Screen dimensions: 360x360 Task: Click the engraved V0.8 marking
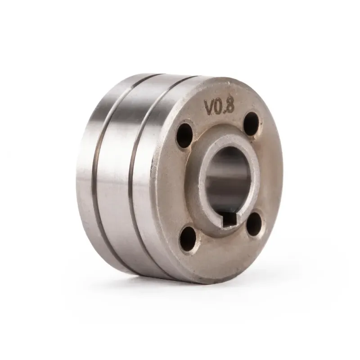[219, 107]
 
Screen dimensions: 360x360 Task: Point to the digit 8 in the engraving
[230, 106]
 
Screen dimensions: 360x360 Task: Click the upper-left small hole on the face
[184, 135]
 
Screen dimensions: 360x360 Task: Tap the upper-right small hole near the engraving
[252, 123]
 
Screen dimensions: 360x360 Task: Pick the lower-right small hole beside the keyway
[254, 224]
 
